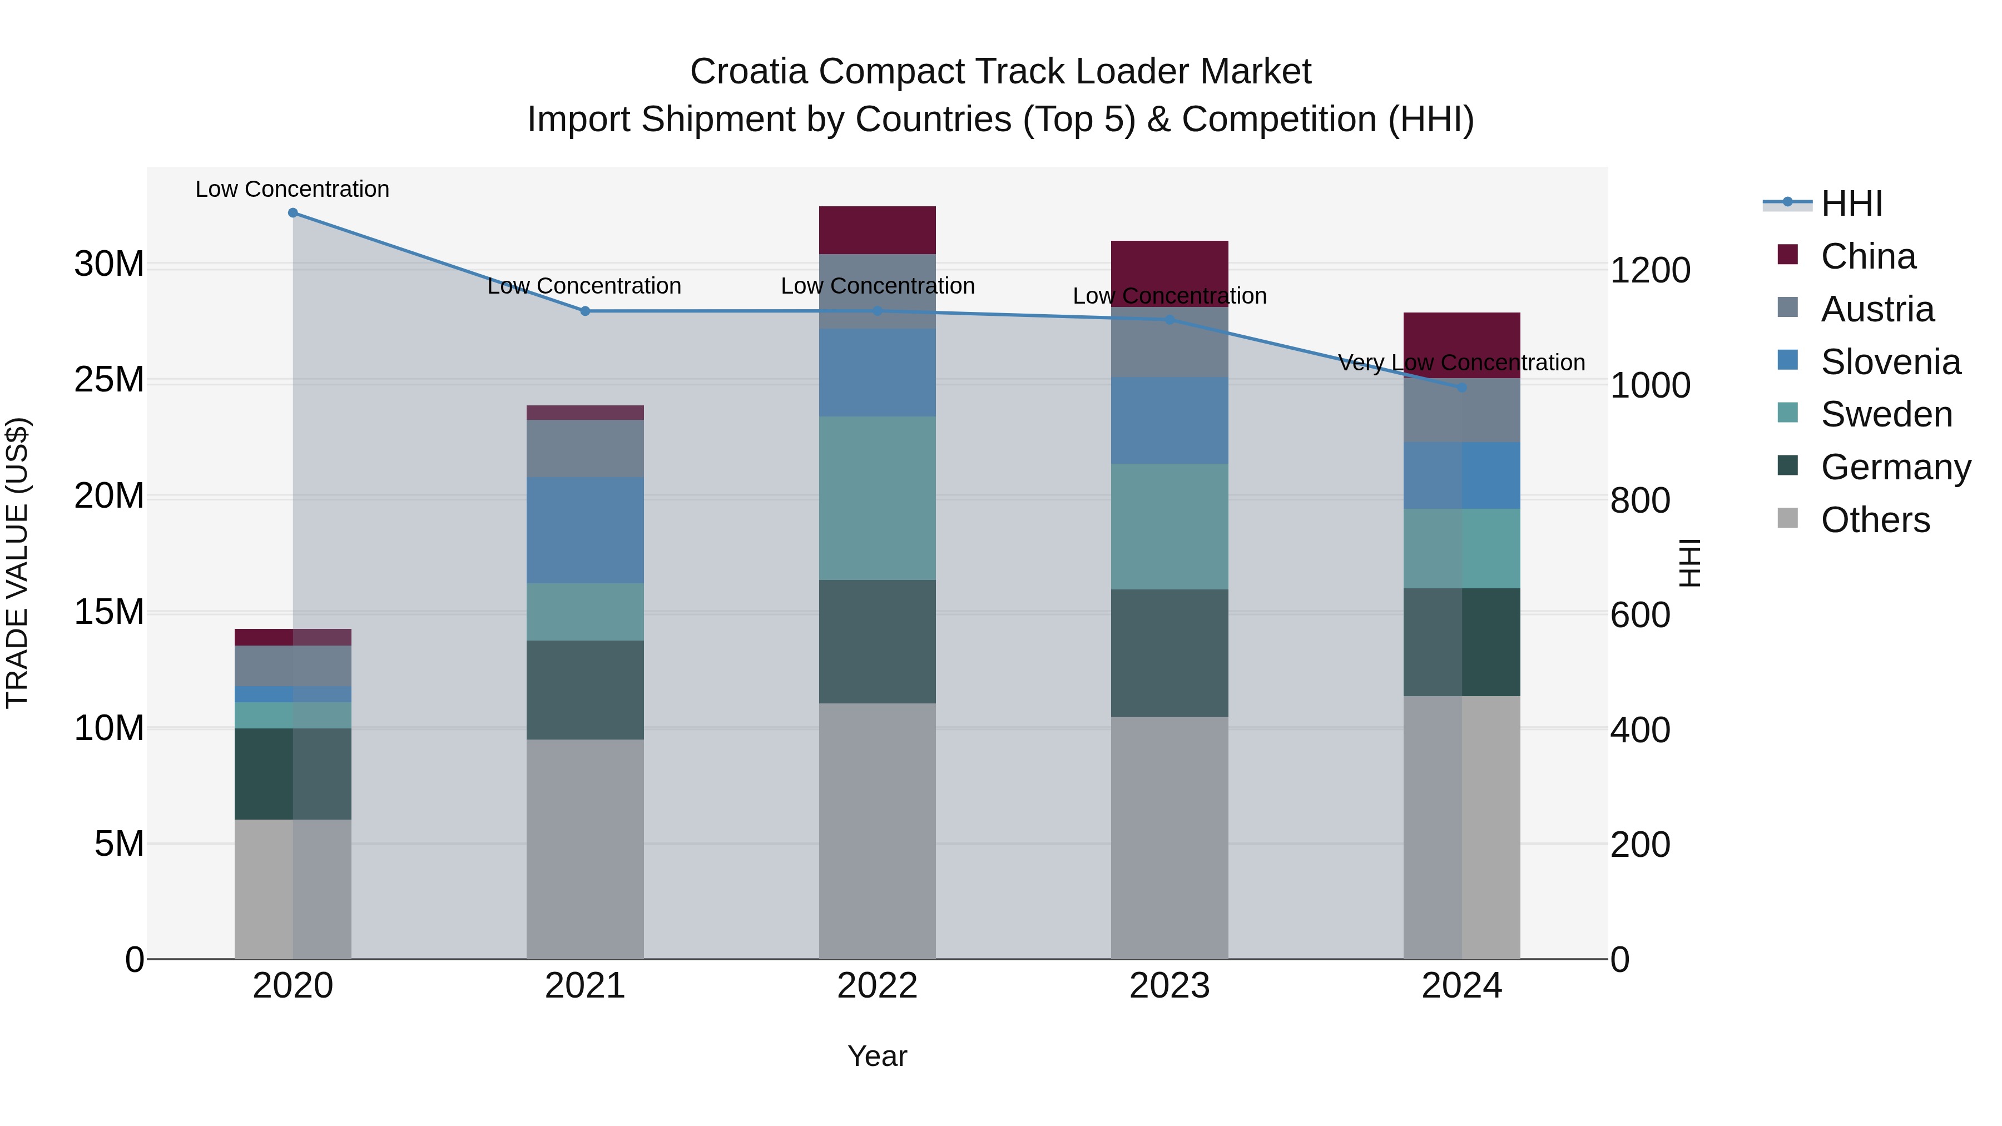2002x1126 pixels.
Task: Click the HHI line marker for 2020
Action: point(293,213)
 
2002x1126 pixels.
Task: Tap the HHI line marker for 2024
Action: point(1462,387)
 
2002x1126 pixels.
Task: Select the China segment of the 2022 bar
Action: point(878,230)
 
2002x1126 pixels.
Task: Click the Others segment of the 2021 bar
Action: point(585,849)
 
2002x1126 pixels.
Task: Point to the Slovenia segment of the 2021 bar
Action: point(585,530)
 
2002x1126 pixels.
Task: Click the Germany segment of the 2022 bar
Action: point(878,641)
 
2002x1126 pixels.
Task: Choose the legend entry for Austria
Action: point(1877,309)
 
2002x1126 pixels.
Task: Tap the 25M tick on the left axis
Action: point(109,380)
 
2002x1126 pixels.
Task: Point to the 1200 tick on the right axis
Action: point(1650,270)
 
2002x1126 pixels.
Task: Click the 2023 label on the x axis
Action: point(1170,986)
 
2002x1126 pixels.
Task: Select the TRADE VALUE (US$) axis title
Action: point(17,563)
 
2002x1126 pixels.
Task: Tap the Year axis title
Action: point(878,1056)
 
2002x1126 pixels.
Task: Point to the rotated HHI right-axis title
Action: point(1689,563)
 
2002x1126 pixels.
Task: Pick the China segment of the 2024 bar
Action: point(1462,345)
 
